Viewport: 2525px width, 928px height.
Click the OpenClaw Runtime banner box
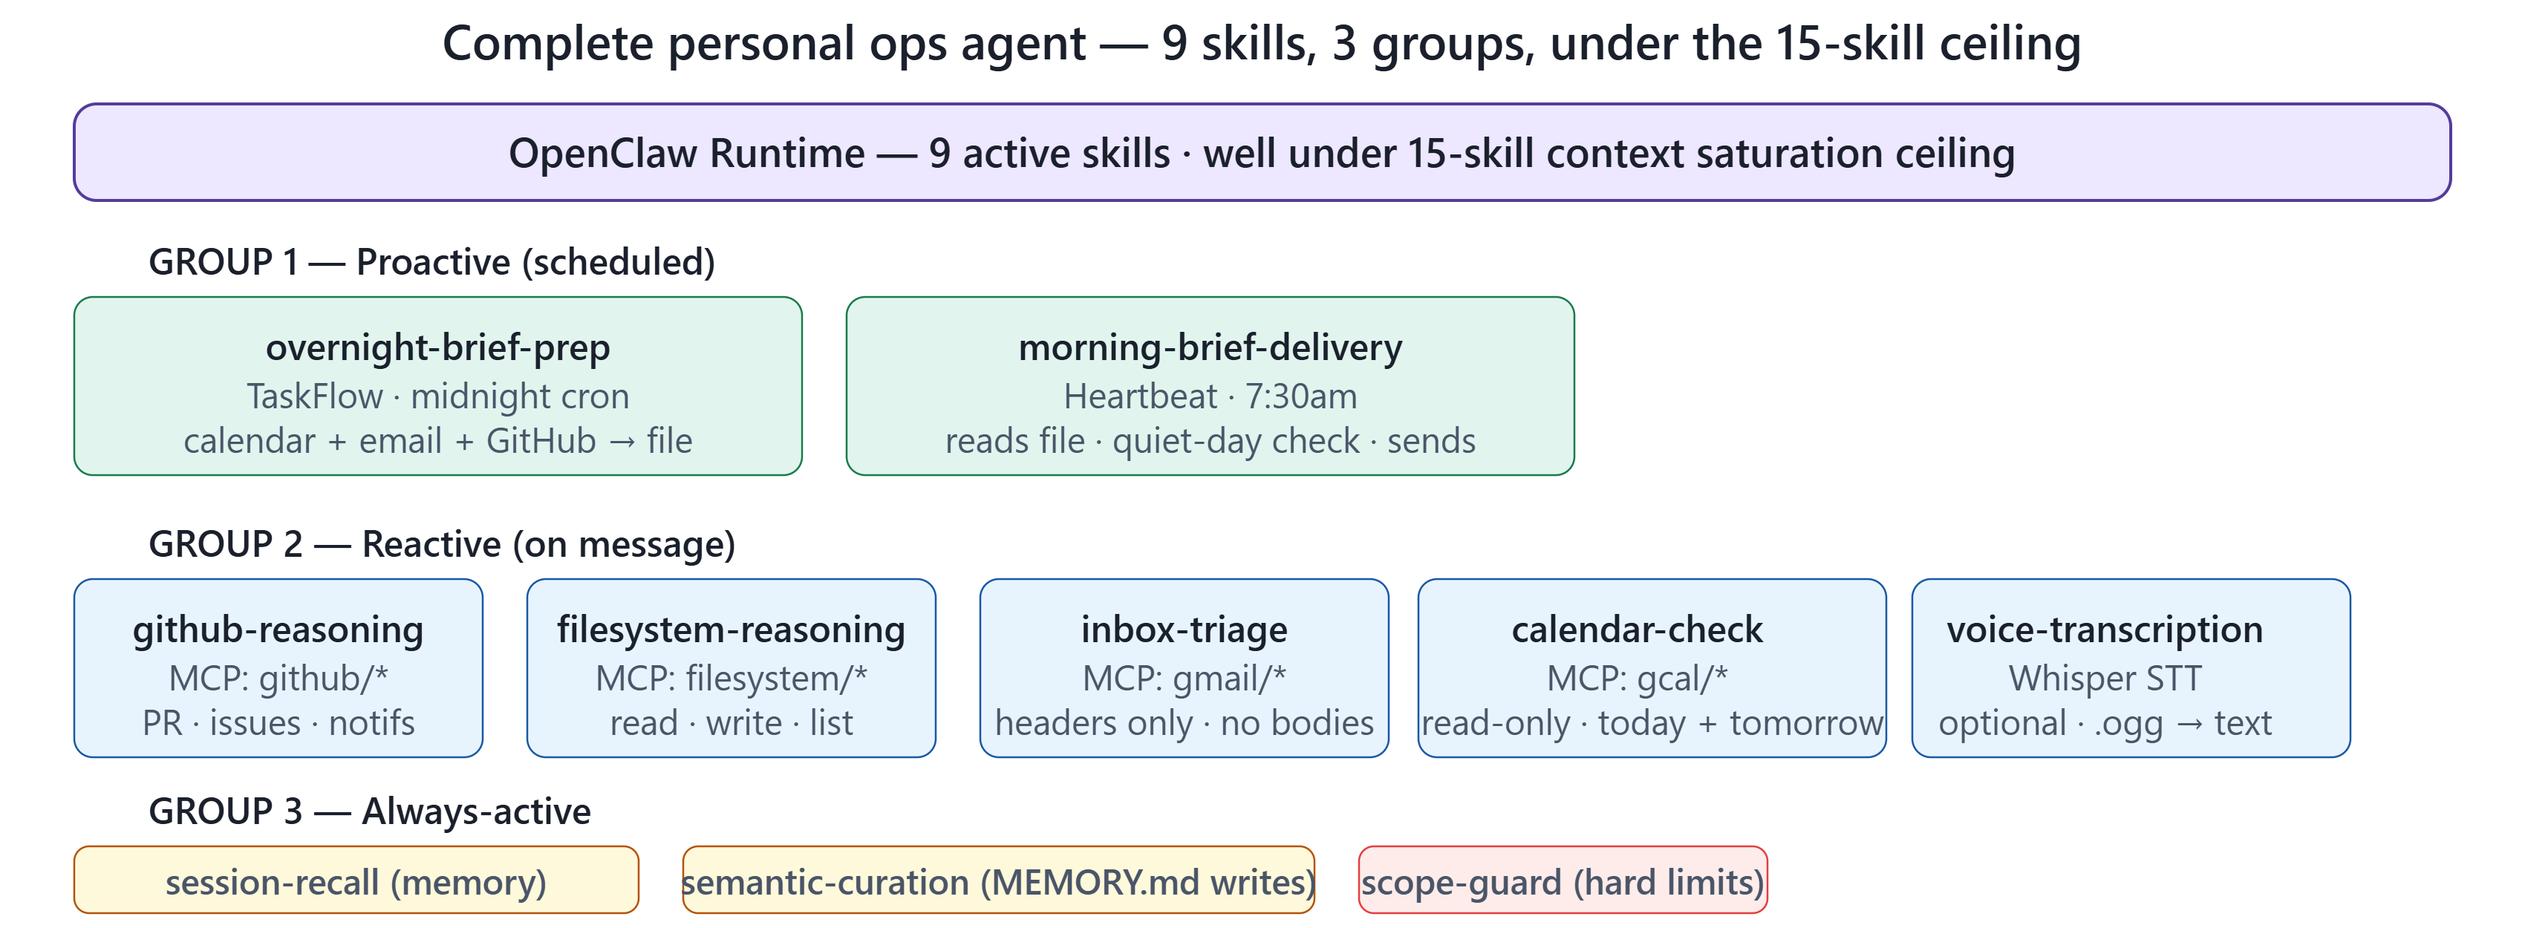pos(1262,153)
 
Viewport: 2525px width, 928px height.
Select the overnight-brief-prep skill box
pos(438,386)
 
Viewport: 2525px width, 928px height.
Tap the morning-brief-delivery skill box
pos(1210,386)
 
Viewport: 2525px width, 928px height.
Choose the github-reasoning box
pos(278,668)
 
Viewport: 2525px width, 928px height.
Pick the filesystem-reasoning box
pos(732,668)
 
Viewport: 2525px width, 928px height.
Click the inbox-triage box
pos(1184,668)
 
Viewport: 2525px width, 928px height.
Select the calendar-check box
pos(1652,668)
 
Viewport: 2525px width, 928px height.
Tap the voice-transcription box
pos(2131,668)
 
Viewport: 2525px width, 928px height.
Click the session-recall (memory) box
pos(356,880)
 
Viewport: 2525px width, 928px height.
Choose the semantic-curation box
pos(998,880)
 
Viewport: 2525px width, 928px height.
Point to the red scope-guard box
pos(1563,880)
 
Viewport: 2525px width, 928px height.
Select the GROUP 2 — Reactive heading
pos(442,545)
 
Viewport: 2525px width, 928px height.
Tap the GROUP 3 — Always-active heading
pos(370,811)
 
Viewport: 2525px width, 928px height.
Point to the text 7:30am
pos(1300,397)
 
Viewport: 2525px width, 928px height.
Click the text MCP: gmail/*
pos(1184,678)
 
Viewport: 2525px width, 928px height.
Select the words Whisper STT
pos(2105,678)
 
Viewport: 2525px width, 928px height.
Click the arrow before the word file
pos(622,442)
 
